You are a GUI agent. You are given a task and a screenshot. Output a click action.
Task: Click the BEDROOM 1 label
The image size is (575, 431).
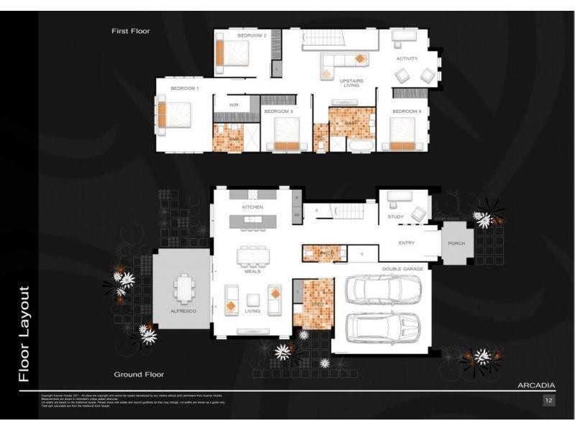pos(185,88)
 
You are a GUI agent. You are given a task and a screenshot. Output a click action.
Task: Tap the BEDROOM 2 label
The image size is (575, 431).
pos(252,35)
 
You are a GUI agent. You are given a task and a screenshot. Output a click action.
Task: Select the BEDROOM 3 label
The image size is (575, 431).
pos(278,111)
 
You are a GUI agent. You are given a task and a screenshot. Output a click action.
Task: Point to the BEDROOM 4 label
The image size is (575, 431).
pos(406,111)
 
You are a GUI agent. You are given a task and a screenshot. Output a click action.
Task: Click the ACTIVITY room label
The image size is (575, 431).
pos(407,59)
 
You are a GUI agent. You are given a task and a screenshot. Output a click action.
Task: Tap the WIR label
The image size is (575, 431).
pos(234,105)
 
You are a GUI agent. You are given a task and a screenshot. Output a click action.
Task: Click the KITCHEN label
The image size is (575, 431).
pos(252,207)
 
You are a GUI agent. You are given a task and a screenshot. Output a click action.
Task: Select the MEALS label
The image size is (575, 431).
pos(252,272)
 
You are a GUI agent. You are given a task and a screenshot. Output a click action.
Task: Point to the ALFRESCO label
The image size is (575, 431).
pos(183,311)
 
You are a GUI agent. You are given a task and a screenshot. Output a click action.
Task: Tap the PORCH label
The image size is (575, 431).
pos(456,244)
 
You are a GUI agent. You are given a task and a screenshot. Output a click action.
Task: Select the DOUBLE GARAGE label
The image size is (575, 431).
pos(402,269)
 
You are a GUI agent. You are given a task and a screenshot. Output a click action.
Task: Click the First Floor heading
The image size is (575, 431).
pos(130,31)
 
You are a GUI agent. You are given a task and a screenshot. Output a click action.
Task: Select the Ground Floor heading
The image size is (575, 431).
pos(139,374)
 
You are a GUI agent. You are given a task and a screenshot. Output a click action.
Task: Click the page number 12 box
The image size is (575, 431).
pos(548,400)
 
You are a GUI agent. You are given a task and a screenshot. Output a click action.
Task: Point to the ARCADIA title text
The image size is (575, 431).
pos(535,386)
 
